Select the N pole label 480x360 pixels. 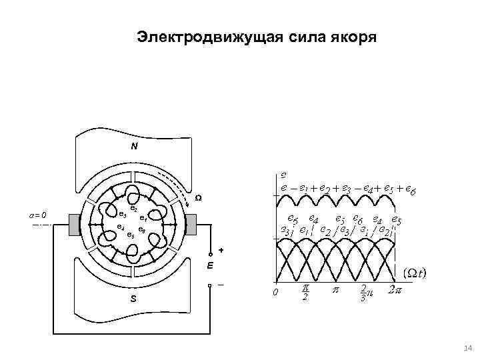coord(134,145)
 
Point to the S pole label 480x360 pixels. coord(133,299)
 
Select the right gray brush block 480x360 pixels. coord(191,225)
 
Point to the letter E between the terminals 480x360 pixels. coord(210,265)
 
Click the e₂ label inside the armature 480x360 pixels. coord(133,209)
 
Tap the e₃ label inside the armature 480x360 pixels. coord(122,215)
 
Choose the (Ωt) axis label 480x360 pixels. coord(415,273)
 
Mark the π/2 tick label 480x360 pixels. coord(305,291)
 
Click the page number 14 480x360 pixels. coord(466,348)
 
